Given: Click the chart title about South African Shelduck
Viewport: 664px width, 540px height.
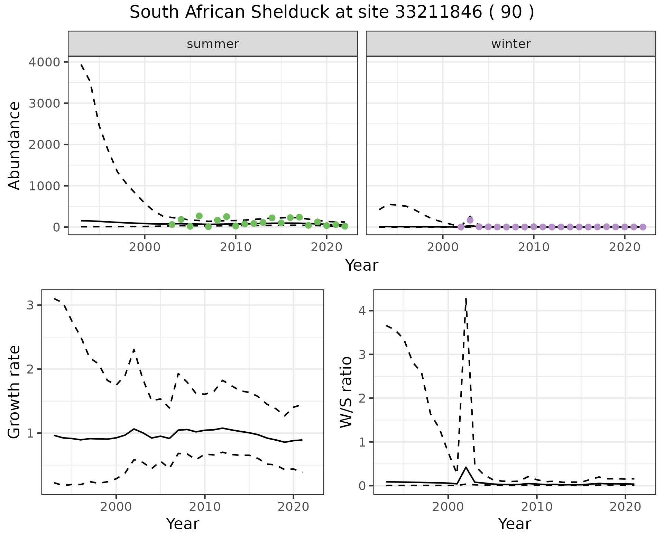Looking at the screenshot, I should click(332, 13).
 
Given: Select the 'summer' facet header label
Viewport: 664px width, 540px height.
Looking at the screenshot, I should click(213, 44).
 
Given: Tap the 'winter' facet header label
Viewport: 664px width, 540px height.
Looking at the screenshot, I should click(511, 44).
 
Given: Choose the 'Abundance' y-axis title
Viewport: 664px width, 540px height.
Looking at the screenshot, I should click(15, 145).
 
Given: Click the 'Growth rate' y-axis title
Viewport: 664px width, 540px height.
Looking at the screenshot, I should click(15, 392).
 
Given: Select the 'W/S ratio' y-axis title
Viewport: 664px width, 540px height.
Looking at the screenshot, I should click(346, 392).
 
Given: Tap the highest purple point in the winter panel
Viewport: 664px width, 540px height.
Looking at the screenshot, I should click(470, 220).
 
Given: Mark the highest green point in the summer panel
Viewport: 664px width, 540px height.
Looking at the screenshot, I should click(199, 216).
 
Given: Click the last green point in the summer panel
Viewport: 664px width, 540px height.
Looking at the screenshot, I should click(344, 226).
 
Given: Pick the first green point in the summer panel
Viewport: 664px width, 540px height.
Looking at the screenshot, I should click(172, 224).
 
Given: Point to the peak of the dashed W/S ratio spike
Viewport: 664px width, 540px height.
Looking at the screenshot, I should click(466, 298).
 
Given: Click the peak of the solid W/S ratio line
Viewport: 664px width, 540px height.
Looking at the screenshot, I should click(466, 467).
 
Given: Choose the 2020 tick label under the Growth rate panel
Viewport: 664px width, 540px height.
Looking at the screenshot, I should click(293, 507).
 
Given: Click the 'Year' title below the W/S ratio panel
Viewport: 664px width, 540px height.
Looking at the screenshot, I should click(515, 524).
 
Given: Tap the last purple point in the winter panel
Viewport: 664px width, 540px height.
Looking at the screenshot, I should click(643, 227).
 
